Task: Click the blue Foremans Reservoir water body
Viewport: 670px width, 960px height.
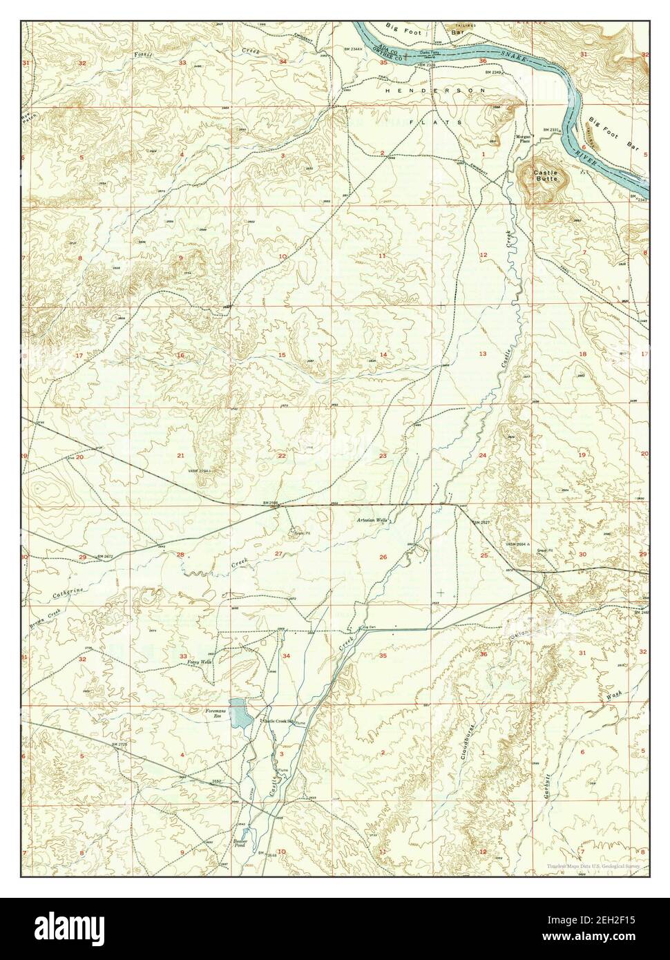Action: point(238,713)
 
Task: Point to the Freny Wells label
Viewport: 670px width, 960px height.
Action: point(198,662)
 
